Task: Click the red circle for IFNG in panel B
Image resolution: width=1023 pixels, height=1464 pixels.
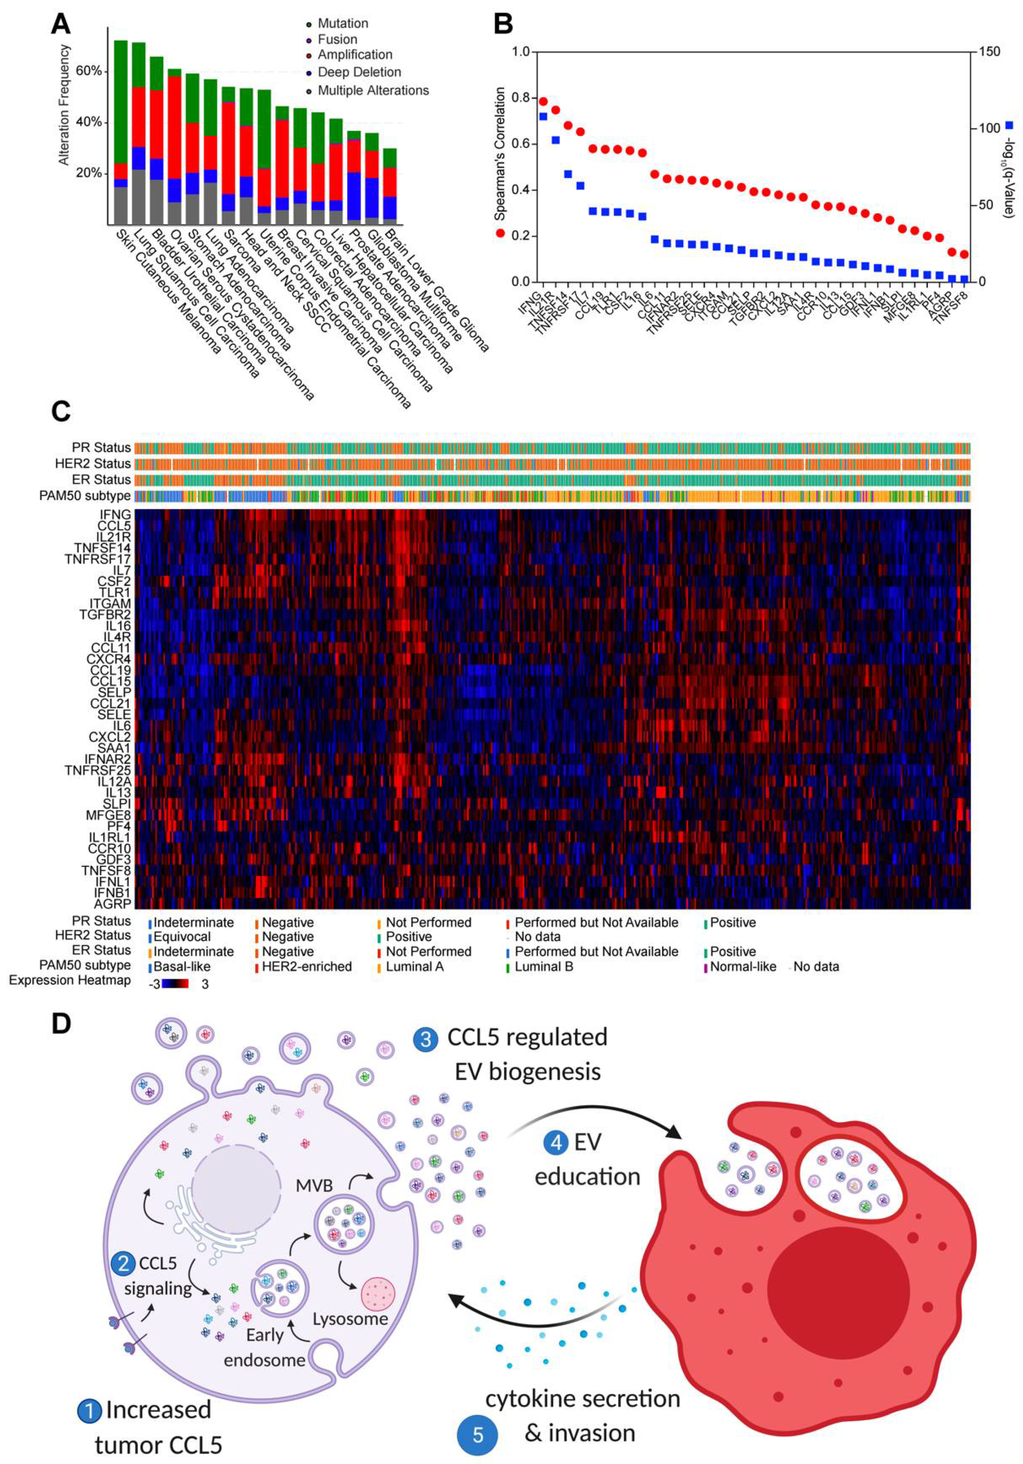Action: [543, 101]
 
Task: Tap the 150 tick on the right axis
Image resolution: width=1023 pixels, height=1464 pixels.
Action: [990, 52]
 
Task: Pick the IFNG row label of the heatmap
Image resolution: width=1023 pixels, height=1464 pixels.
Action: [115, 514]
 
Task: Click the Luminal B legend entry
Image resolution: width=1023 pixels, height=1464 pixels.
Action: [544, 966]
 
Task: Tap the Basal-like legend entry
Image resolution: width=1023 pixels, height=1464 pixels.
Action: [182, 966]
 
